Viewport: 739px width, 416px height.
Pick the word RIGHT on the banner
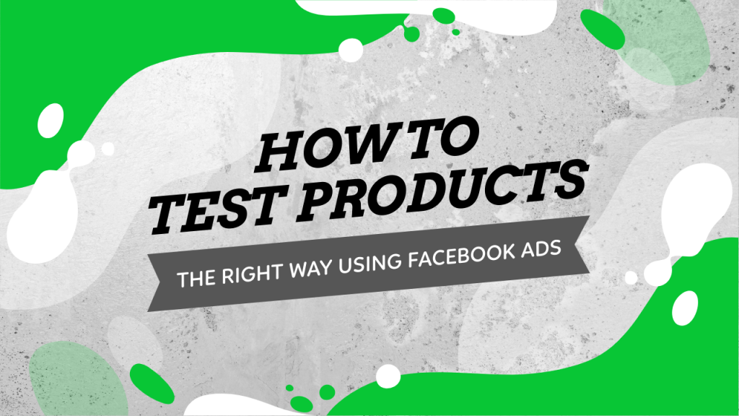[x=248, y=272]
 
